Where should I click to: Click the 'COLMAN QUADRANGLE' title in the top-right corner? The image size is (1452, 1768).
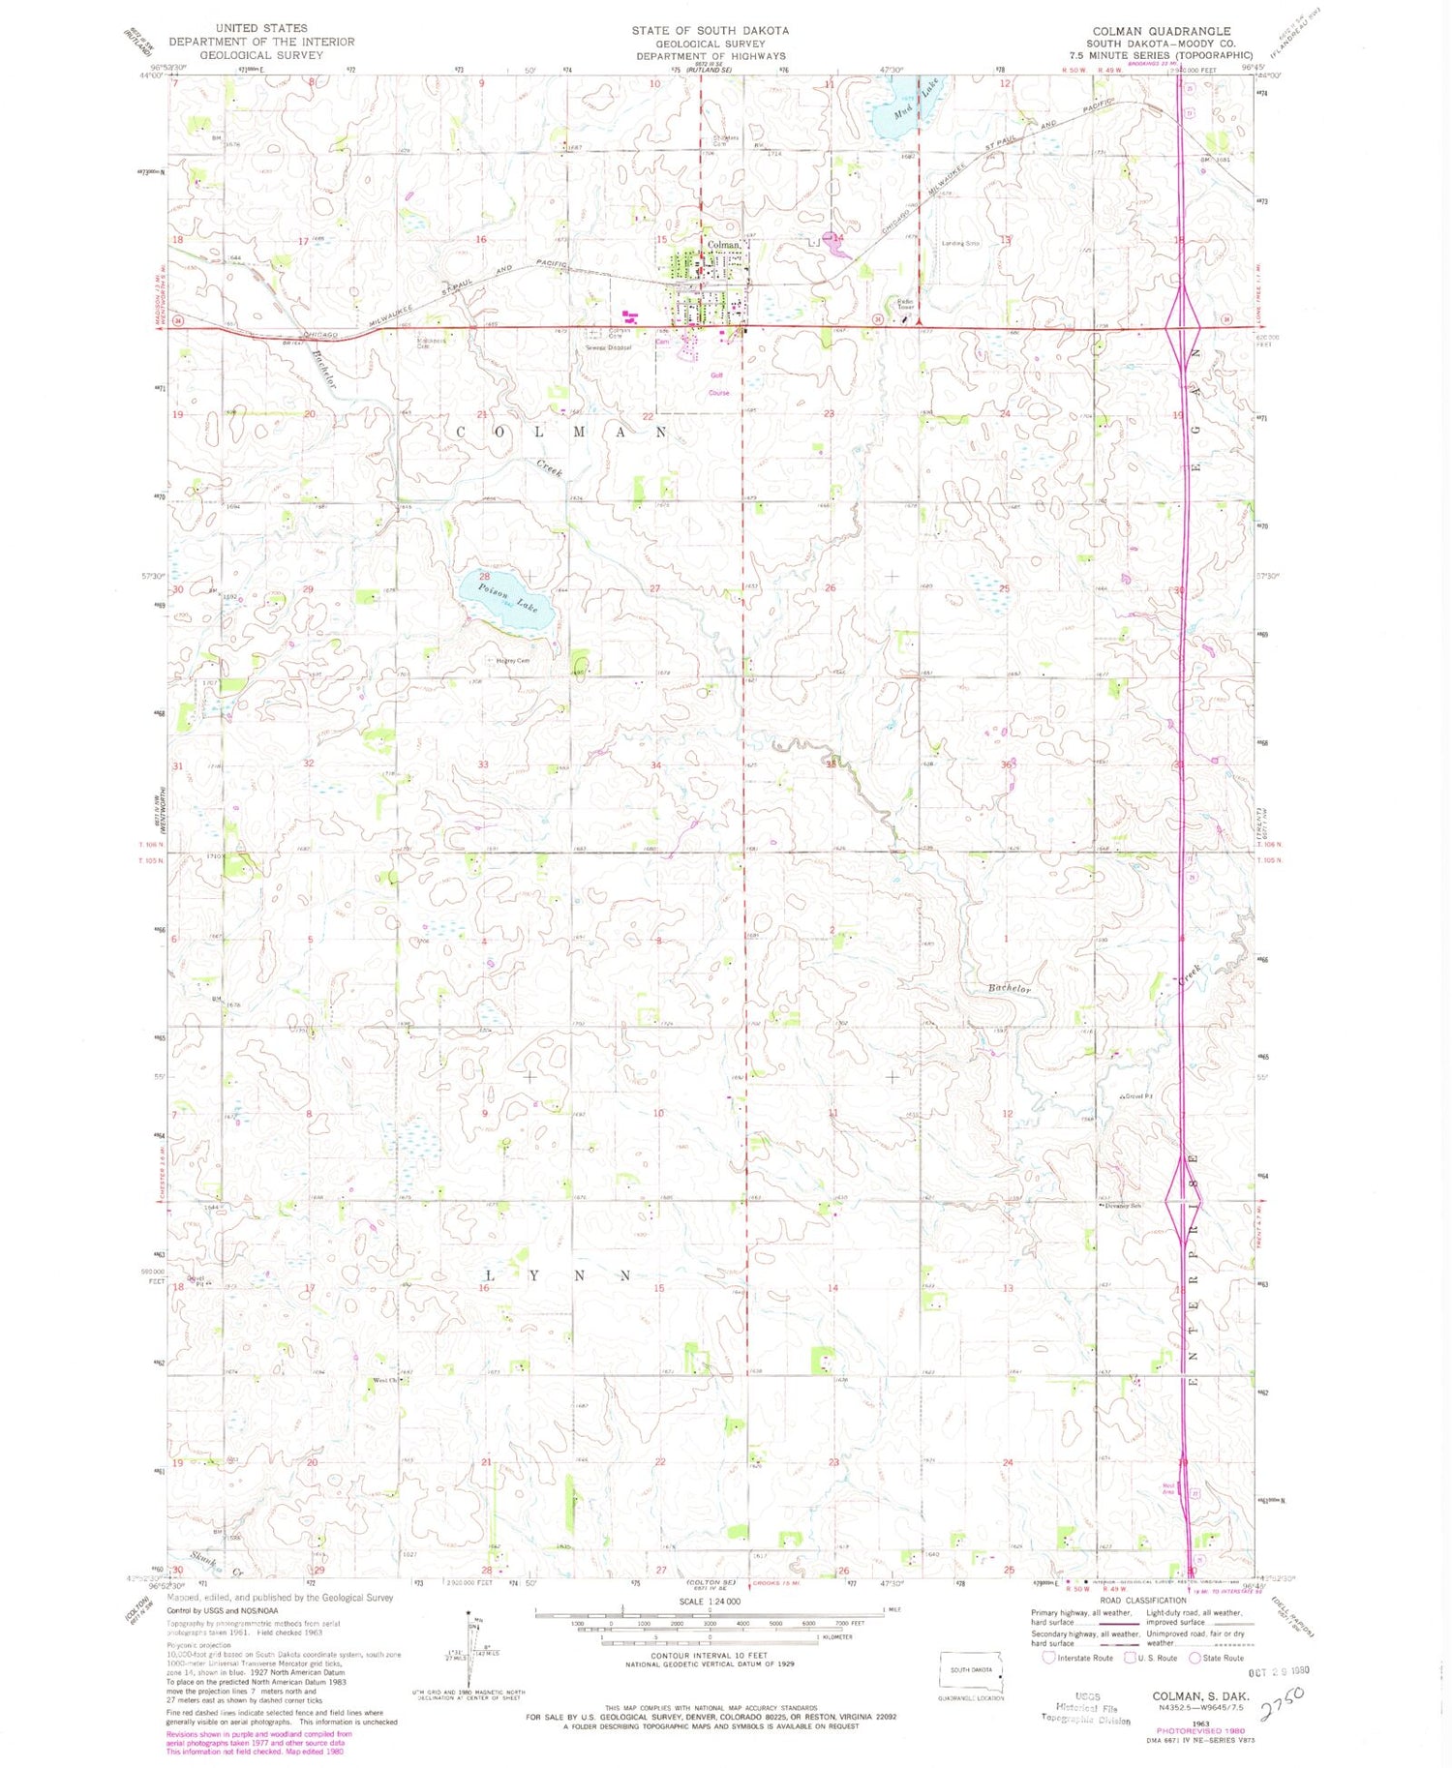(x=1161, y=31)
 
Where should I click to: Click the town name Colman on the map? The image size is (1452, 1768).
(x=723, y=245)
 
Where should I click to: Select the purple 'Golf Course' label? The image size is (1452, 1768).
(x=718, y=384)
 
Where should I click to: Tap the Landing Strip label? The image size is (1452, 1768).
(x=960, y=244)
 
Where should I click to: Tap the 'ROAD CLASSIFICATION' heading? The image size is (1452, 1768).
(x=1142, y=1601)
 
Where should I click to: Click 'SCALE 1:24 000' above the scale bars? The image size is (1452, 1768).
(x=710, y=1602)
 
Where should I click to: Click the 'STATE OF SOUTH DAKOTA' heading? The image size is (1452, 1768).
(x=710, y=31)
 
